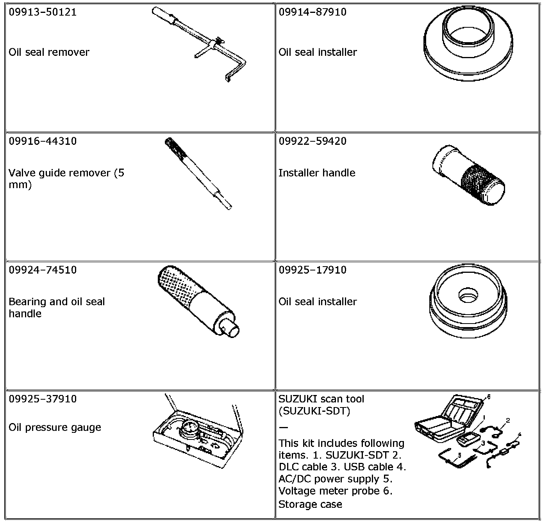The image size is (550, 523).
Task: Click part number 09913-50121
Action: [x=43, y=12]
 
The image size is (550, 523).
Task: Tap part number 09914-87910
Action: [x=312, y=12]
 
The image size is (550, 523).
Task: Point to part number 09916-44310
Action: [x=43, y=141]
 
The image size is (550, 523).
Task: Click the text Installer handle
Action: [x=317, y=173]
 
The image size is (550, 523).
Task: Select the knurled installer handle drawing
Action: [x=469, y=175]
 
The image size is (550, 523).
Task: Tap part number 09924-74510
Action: [x=43, y=270]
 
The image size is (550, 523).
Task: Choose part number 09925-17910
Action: [x=312, y=270]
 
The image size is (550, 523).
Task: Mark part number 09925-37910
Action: [x=43, y=399]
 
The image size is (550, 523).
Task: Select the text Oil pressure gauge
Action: [x=55, y=427]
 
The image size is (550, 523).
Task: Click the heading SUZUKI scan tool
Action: [x=321, y=399]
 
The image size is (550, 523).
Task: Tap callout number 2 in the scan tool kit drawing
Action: [x=508, y=420]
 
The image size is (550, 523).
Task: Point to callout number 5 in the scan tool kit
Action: [x=459, y=455]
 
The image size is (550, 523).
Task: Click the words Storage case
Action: [x=310, y=504]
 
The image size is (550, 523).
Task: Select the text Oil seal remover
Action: [x=49, y=52]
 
